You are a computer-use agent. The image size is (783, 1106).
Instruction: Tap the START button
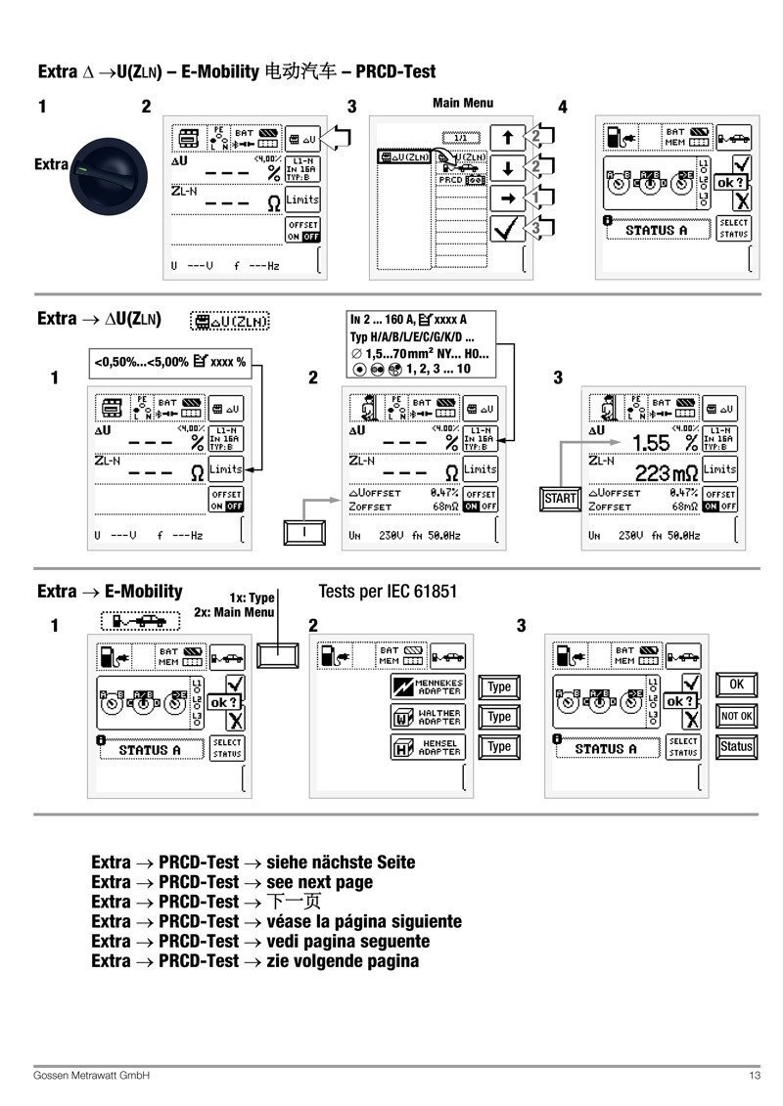[x=561, y=498]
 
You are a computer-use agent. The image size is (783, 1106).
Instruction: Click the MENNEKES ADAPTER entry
[x=428, y=686]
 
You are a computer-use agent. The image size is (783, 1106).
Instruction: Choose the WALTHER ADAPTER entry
[x=428, y=717]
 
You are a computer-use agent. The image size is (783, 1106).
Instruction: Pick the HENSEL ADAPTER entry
[x=428, y=748]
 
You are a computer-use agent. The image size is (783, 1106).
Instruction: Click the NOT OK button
[x=736, y=716]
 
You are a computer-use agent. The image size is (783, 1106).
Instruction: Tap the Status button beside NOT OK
[x=736, y=746]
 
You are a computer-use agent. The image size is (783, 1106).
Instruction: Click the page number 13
[x=755, y=1076]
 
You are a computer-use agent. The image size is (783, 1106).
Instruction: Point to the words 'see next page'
[x=319, y=882]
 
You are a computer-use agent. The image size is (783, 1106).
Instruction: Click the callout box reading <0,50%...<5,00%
[x=169, y=362]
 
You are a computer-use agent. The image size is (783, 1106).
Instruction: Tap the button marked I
[x=303, y=532]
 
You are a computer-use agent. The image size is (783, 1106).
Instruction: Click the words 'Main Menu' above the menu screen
[x=463, y=103]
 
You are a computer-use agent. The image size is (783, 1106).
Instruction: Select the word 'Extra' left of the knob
[x=52, y=164]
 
